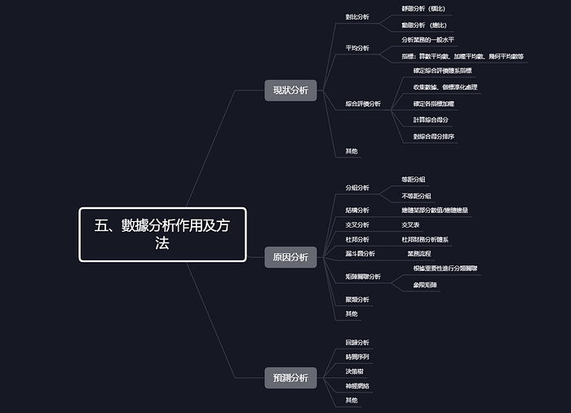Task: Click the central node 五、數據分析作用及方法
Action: pos(162,234)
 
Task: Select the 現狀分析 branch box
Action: pos(290,91)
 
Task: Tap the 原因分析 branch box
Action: pos(290,258)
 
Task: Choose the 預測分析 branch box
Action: pos(290,377)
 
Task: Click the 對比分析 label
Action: pos(357,16)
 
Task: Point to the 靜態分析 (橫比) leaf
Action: pos(423,8)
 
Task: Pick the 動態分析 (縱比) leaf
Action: pos(423,25)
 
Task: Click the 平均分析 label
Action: pos(357,48)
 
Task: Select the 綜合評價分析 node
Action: pos(363,104)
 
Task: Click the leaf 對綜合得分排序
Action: pos(434,136)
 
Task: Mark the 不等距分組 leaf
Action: pos(416,196)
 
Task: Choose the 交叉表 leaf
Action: pos(410,224)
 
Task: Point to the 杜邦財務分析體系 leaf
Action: pos(425,239)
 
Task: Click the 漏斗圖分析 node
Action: pos(360,254)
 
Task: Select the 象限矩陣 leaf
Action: pos(425,285)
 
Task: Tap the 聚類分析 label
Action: pos(357,300)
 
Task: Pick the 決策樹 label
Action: pos(355,371)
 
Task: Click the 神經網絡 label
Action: pos(357,385)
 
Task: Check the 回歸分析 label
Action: pos(357,342)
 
